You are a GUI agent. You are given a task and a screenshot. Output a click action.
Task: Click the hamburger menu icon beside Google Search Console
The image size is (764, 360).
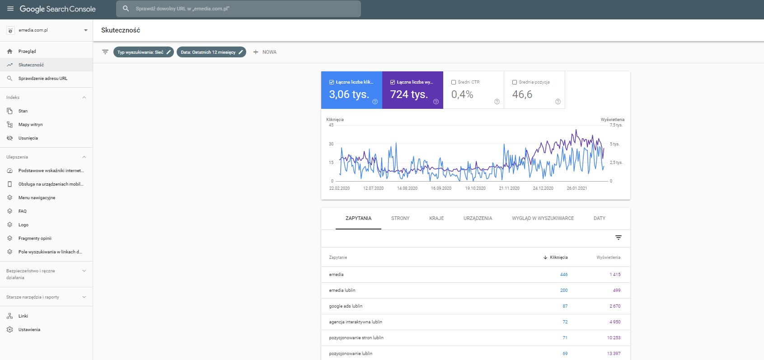pyautogui.click(x=10, y=9)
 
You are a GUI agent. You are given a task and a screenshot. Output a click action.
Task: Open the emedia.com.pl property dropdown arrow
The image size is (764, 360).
pyautogui.click(x=85, y=30)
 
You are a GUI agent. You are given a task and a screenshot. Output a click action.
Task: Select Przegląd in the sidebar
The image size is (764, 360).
pyautogui.click(x=27, y=51)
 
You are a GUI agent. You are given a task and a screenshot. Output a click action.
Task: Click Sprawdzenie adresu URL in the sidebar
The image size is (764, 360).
pyautogui.click(x=42, y=79)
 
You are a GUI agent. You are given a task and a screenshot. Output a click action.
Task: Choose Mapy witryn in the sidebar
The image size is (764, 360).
pyautogui.click(x=30, y=125)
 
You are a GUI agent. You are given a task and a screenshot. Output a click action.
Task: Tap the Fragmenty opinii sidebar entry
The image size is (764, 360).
pyautogui.click(x=35, y=238)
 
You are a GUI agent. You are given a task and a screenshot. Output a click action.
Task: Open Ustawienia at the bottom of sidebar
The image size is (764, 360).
pyautogui.click(x=29, y=330)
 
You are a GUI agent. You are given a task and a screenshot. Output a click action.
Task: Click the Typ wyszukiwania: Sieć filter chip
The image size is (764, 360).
pyautogui.click(x=143, y=52)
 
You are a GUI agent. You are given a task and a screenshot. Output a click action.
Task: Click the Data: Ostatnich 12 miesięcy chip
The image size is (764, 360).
pyautogui.click(x=211, y=52)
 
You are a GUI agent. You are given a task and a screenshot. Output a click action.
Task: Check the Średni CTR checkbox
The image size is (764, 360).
pyautogui.click(x=454, y=82)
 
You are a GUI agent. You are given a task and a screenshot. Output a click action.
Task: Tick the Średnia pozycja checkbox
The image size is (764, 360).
pyautogui.click(x=515, y=82)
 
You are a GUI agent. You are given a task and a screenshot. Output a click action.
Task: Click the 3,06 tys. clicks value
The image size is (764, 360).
pyautogui.click(x=349, y=94)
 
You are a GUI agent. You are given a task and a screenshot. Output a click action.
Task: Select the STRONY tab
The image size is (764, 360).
pyautogui.click(x=400, y=218)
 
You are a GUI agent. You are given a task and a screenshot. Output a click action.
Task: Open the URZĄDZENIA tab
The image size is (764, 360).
pyautogui.click(x=478, y=218)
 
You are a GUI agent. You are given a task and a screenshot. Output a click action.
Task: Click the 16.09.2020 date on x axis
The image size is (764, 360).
pyautogui.click(x=441, y=188)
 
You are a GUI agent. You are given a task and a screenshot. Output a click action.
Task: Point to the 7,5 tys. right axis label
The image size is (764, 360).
pyautogui.click(x=616, y=125)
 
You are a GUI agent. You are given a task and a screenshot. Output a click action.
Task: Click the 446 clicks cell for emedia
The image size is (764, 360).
pyautogui.click(x=563, y=275)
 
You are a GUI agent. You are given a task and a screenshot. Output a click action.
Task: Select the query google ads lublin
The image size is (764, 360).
pyautogui.click(x=346, y=306)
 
